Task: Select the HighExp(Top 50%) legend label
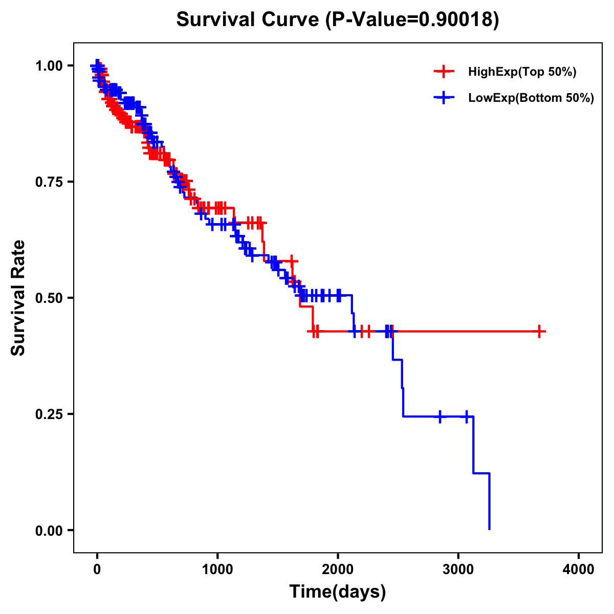point(522,72)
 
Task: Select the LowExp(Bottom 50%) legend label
point(531,98)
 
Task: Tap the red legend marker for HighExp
point(444,72)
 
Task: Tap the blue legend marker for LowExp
point(444,98)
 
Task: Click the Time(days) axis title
point(338,592)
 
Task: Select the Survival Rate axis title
point(18,298)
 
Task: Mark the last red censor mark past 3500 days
point(539,332)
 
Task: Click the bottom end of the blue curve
point(490,529)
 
